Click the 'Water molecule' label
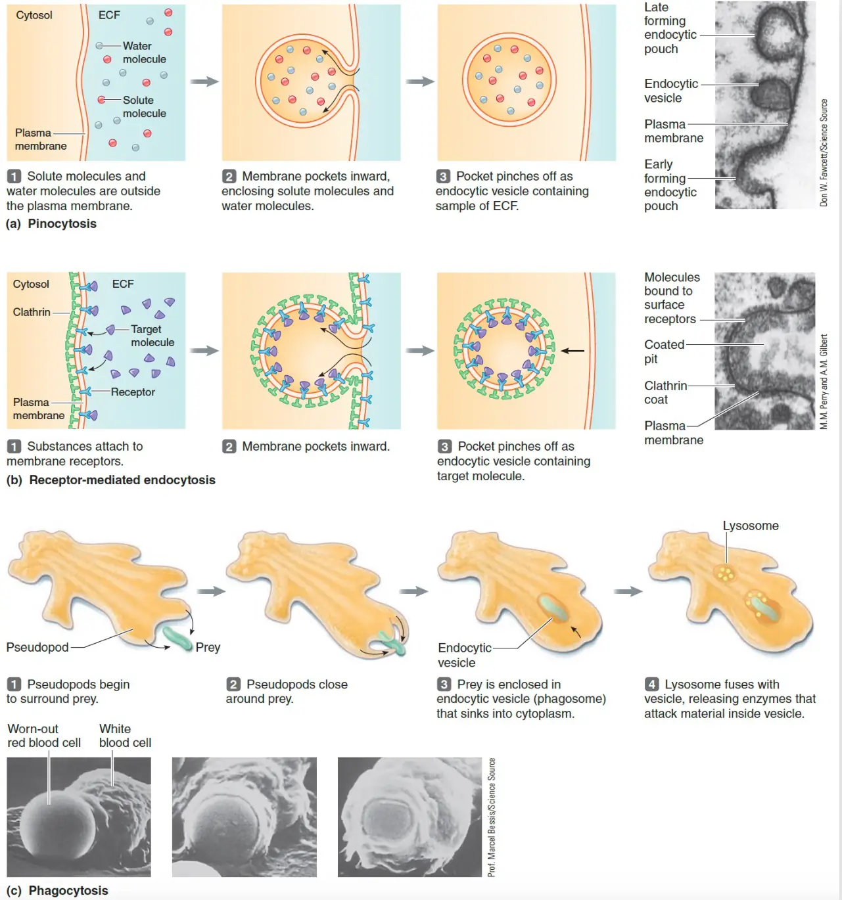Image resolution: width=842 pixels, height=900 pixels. pyautogui.click(x=144, y=53)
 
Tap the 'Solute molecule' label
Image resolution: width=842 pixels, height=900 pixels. pyautogui.click(x=144, y=106)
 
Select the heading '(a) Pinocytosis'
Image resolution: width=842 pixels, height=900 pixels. pyautogui.click(x=51, y=223)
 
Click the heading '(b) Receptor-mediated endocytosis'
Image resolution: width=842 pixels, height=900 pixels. pyautogui.click(x=110, y=480)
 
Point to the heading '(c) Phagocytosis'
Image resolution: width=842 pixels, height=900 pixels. pyautogui.click(x=57, y=891)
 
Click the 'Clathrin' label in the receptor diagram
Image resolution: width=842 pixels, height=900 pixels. pyautogui.click(x=32, y=312)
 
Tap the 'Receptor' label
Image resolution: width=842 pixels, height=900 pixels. pyautogui.click(x=133, y=392)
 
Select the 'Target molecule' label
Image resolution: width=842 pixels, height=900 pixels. pyautogui.click(x=152, y=336)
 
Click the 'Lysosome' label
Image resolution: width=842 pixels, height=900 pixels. pyautogui.click(x=751, y=526)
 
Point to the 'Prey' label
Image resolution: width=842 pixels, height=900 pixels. pyautogui.click(x=208, y=647)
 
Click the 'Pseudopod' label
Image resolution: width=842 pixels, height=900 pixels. pyautogui.click(x=37, y=647)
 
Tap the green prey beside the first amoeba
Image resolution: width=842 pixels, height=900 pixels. pyautogui.click(x=177, y=639)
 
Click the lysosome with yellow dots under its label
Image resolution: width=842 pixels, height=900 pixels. pyautogui.click(x=725, y=574)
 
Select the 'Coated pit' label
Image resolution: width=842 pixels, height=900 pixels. pyautogui.click(x=664, y=351)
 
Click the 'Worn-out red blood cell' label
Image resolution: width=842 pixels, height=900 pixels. pyautogui.click(x=44, y=736)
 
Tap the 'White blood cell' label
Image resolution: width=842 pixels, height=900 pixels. pyautogui.click(x=125, y=736)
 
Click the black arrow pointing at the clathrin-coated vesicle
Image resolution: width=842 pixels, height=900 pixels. pyautogui.click(x=573, y=351)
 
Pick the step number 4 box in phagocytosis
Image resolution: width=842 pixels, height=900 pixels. pyautogui.click(x=651, y=684)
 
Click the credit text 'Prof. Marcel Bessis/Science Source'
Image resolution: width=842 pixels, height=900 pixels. pyautogui.click(x=492, y=817)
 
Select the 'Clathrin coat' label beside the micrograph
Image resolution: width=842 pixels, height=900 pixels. pyautogui.click(x=665, y=392)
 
